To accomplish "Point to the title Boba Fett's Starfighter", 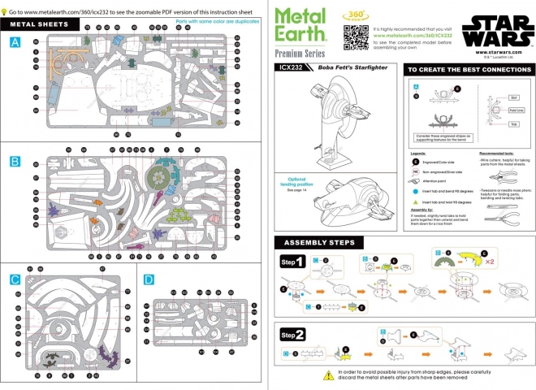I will [x=344, y=68].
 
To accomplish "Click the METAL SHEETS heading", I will [x=39, y=24].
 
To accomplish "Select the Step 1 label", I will [x=292, y=262].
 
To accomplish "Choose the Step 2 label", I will [x=292, y=334].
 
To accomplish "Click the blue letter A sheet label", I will [x=15, y=43].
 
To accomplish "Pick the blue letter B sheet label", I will [x=15, y=162].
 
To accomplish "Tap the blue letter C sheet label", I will [x=15, y=279].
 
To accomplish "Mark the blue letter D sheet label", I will [x=148, y=279].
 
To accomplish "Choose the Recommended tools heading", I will [x=496, y=152].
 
